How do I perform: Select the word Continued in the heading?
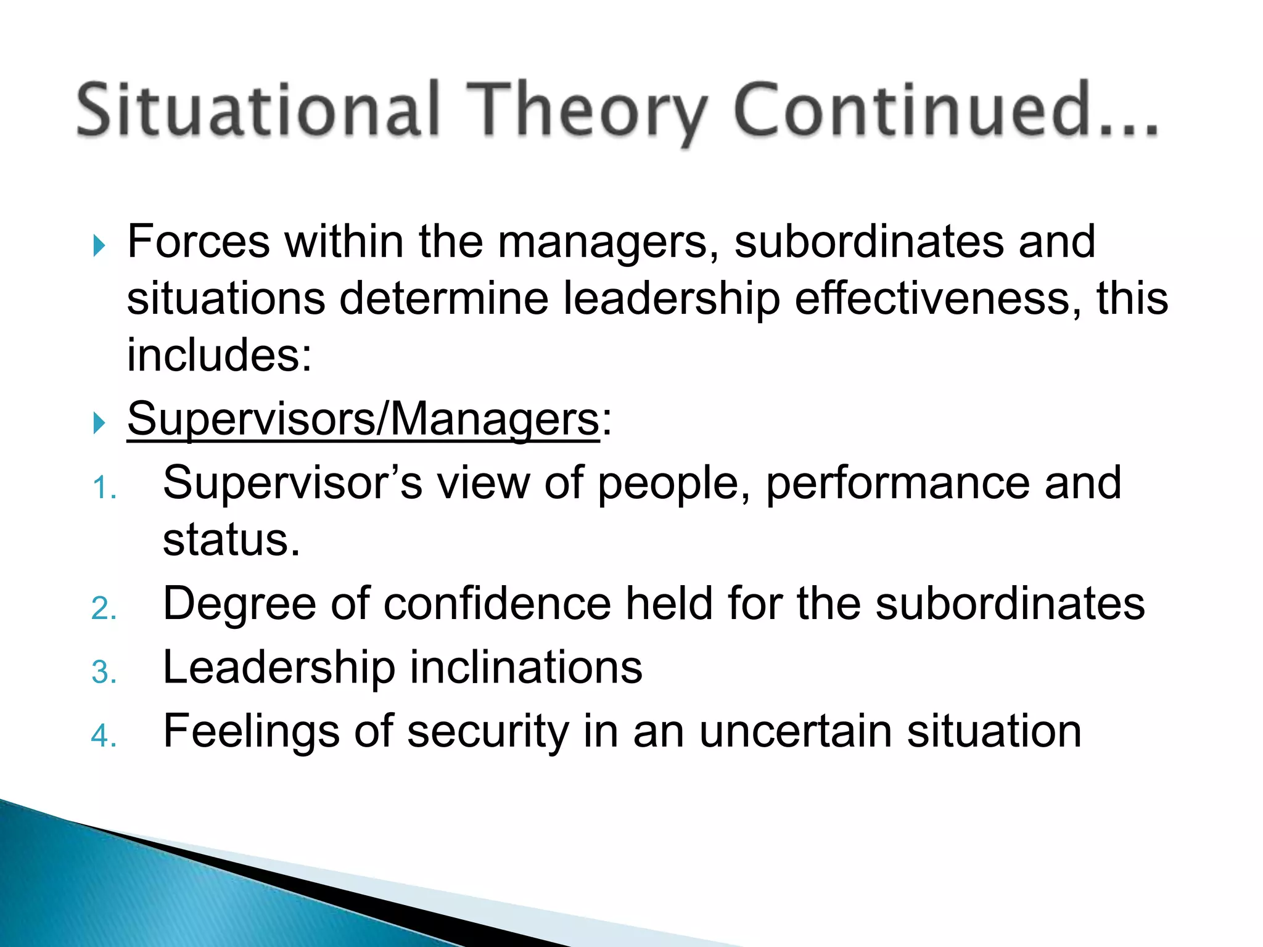coord(913,110)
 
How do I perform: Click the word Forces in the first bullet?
coord(198,242)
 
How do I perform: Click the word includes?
coord(220,356)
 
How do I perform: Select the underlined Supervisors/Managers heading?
coord(363,419)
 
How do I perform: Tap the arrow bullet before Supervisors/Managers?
coord(99,423)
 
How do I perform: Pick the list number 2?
coord(103,609)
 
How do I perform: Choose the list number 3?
coord(103,672)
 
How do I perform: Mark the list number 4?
coord(103,736)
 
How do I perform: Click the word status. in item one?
coord(231,540)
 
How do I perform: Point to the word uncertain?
coord(796,732)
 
